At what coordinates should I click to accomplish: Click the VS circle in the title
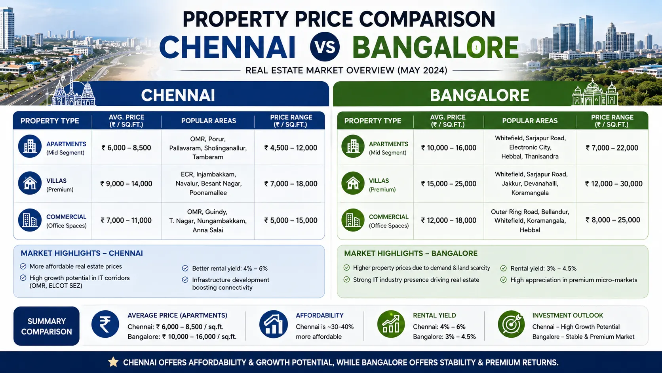[x=325, y=47]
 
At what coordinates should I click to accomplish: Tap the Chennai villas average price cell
[x=126, y=184]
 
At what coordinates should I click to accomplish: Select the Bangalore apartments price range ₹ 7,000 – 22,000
[x=612, y=147]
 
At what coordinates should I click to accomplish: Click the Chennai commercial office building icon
[x=30, y=220]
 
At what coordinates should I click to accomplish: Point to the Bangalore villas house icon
[x=353, y=183]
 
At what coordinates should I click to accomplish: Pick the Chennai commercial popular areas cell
[x=208, y=221]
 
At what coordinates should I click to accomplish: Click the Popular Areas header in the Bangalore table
[x=530, y=121]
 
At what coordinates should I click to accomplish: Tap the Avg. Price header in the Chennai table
[x=126, y=121]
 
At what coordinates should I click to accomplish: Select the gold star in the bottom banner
[x=113, y=362]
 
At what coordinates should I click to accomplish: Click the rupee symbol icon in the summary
[x=105, y=324]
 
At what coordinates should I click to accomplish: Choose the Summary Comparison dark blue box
[x=46, y=326]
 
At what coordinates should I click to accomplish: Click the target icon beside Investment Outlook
[x=511, y=324]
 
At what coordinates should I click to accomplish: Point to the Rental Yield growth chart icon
[x=391, y=324]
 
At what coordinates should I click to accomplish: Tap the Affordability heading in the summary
[x=320, y=315]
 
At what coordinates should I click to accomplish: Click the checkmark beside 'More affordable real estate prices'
[x=23, y=266]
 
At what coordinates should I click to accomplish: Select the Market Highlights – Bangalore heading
[x=411, y=254]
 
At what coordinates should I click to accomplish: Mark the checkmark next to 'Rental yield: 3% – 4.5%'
[x=504, y=268]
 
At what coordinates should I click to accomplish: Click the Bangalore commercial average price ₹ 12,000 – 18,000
[x=449, y=220]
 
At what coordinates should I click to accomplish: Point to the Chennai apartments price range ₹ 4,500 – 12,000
[x=291, y=147]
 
